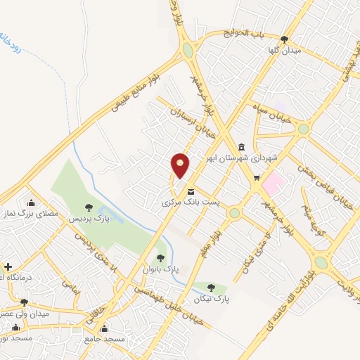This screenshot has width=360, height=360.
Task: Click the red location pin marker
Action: tap(181, 165)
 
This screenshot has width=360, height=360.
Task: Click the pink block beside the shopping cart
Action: tap(273, 182)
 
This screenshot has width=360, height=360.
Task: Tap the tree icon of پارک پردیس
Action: tap(88, 206)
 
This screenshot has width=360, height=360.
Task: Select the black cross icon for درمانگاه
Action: tap(8, 267)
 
